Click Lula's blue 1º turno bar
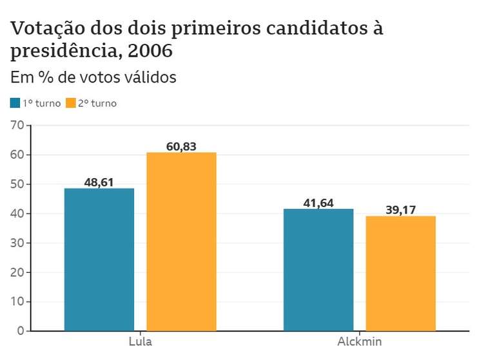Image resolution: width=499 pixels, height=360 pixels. (x=99, y=259)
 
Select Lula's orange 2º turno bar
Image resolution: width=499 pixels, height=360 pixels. (x=181, y=241)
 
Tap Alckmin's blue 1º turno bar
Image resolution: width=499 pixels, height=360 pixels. (x=318, y=270)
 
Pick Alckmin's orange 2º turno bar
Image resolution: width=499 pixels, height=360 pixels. (x=400, y=273)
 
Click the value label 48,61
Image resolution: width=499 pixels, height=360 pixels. (x=99, y=183)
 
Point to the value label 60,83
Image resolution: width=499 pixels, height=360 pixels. (x=181, y=146)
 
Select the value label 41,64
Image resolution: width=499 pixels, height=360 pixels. (x=318, y=203)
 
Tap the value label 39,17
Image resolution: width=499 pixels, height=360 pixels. (x=400, y=210)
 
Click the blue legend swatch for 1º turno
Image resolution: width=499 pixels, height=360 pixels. (x=15, y=103)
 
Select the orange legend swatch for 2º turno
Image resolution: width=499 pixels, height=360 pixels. (x=70, y=103)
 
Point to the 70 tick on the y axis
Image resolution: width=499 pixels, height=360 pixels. (x=17, y=125)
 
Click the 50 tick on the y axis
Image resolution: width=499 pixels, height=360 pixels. (x=17, y=184)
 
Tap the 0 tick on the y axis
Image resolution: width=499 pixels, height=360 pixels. (x=21, y=330)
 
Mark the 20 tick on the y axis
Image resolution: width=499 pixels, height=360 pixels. (x=17, y=272)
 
